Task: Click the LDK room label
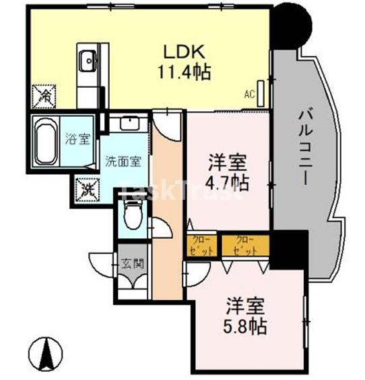click(x=181, y=52)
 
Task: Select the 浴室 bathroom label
click(x=77, y=140)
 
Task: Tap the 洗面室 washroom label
click(x=123, y=162)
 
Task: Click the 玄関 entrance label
click(x=131, y=262)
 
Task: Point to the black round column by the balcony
click(x=290, y=23)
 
